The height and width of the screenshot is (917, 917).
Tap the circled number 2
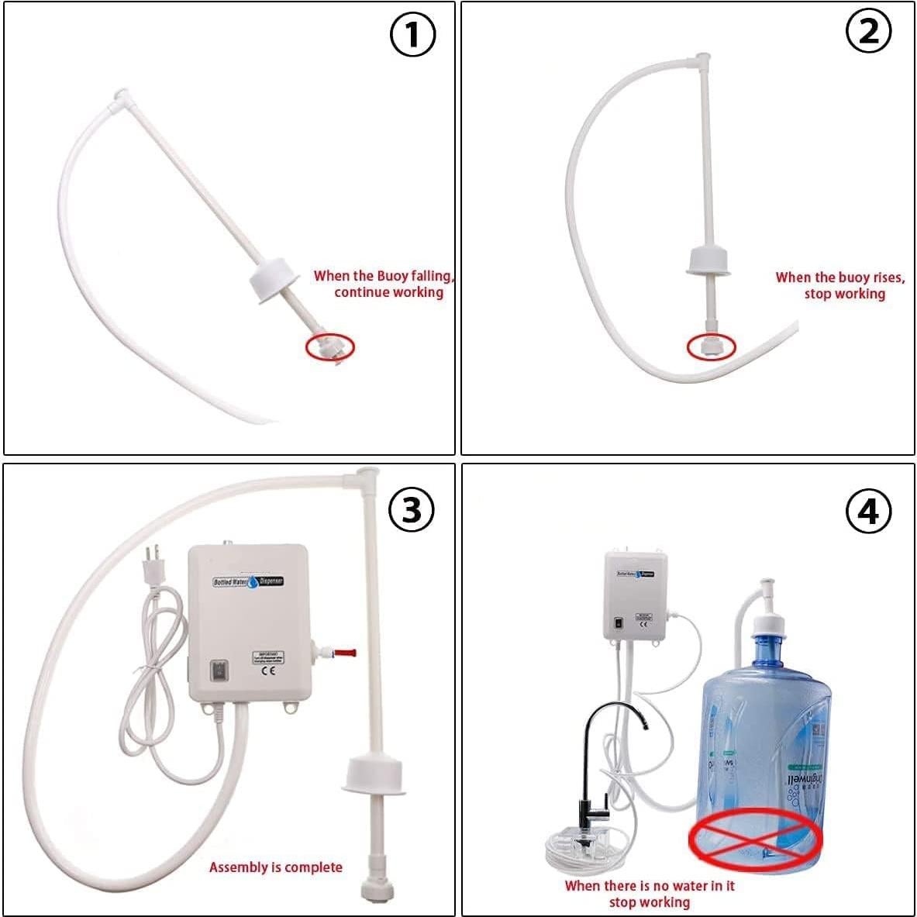point(869,32)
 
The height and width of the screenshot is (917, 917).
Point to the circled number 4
point(868,512)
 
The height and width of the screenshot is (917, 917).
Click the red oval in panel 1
point(329,346)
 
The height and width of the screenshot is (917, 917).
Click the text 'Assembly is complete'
point(275,867)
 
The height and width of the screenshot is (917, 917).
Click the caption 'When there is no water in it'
point(650,885)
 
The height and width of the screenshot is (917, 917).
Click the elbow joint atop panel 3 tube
point(367,474)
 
